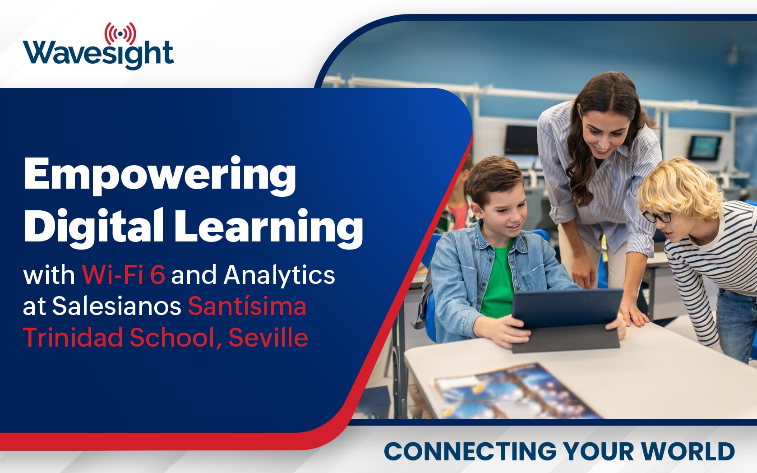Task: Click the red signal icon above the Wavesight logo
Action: click(120, 34)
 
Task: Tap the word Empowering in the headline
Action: click(160, 176)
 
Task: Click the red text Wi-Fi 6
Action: click(124, 274)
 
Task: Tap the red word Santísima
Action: click(247, 306)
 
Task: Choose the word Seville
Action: click(268, 338)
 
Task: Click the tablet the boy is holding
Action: click(567, 320)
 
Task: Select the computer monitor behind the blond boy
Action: click(705, 148)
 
